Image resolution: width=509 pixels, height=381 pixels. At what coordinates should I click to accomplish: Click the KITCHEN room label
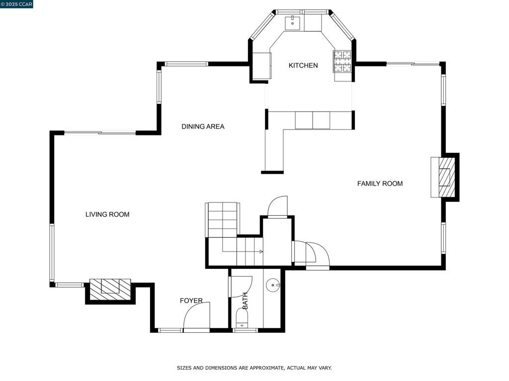(x=303, y=65)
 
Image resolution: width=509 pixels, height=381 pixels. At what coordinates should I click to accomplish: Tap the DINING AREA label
(x=203, y=127)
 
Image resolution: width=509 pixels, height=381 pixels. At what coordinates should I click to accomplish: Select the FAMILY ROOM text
(x=380, y=184)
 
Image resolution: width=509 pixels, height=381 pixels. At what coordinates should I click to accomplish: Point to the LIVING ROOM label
(x=107, y=214)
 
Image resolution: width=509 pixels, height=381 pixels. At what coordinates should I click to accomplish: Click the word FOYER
(x=191, y=301)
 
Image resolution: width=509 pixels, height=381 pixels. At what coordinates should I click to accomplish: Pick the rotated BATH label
(x=245, y=301)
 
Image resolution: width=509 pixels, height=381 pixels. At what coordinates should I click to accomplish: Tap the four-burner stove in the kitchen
(x=343, y=62)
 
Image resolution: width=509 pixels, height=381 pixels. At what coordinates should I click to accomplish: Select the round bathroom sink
(x=273, y=285)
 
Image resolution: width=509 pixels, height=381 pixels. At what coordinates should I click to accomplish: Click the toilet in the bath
(x=242, y=318)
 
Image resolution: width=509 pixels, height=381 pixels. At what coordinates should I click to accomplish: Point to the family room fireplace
(x=445, y=177)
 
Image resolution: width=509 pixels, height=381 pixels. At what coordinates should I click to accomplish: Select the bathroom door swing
(x=241, y=286)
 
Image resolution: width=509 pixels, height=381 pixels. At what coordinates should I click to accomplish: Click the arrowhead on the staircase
(x=261, y=252)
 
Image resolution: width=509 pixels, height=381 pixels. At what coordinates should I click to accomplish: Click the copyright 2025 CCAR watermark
(x=16, y=4)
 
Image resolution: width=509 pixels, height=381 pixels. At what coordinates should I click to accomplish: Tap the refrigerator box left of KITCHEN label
(x=261, y=66)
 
